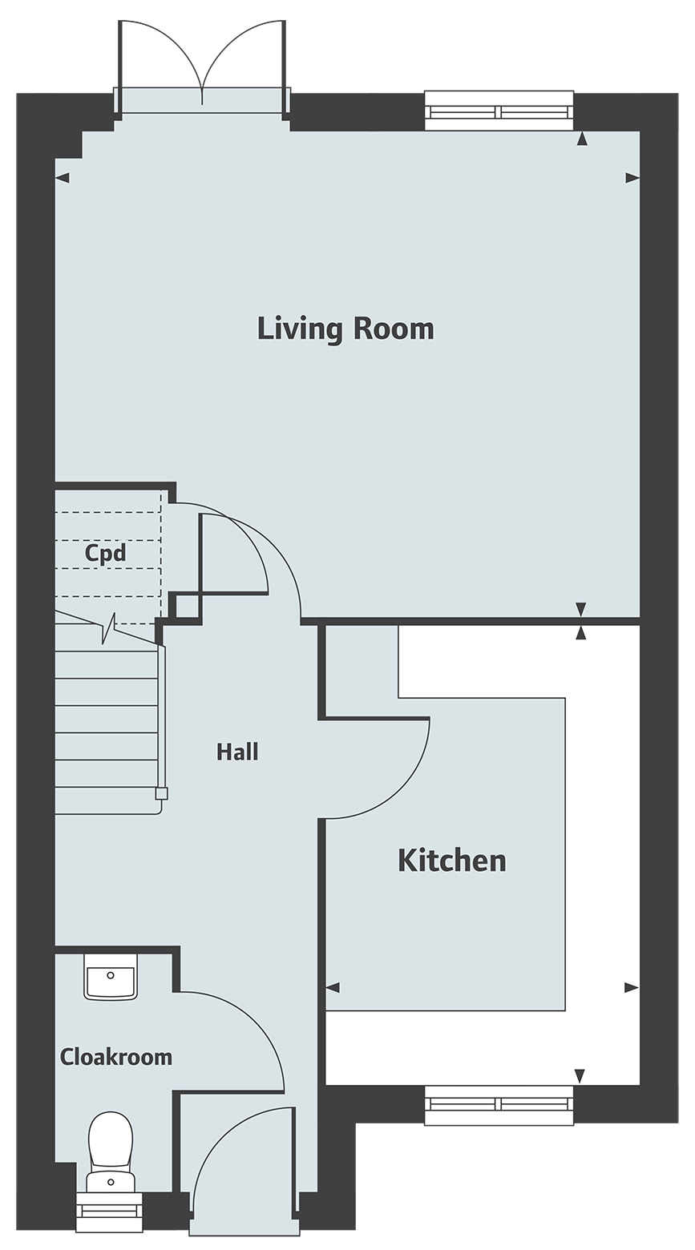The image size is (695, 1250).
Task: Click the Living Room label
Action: (345, 329)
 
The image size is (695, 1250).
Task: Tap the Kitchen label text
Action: (452, 861)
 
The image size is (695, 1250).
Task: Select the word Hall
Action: (237, 752)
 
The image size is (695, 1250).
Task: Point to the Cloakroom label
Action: (116, 1057)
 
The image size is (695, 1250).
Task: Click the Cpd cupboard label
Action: (106, 554)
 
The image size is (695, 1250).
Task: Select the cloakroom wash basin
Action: (111, 976)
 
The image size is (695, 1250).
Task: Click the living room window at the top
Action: (499, 111)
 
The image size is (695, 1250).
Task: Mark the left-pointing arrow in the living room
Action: (62, 179)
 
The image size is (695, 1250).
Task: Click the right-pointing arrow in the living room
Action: (632, 179)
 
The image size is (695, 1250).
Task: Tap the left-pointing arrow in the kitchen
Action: (333, 988)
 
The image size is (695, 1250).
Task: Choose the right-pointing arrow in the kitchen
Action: (632, 988)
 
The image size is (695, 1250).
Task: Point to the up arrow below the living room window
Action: (582, 139)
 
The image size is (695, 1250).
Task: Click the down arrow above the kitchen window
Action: (580, 1076)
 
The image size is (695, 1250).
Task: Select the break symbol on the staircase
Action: (109, 628)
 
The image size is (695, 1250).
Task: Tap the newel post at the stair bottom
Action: (161, 793)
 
